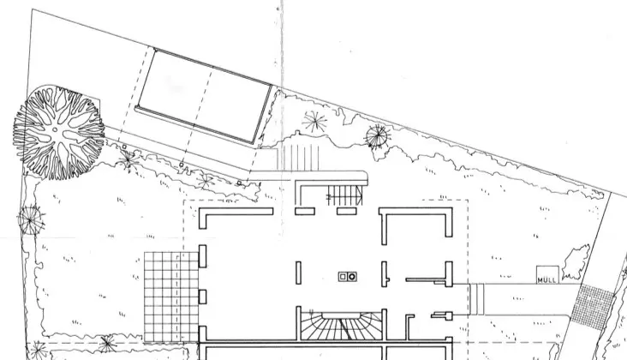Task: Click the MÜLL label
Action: coord(546,277)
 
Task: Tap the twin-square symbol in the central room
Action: coord(348,277)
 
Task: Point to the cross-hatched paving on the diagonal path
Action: coord(593,304)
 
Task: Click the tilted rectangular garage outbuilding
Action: coord(206,97)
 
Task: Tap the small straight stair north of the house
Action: coord(346,195)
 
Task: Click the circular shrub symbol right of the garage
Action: coord(376,135)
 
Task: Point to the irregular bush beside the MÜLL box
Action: coord(575,258)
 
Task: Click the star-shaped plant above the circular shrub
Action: coord(315,121)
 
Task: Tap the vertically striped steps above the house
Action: coord(299,158)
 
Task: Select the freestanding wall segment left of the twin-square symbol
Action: coord(298,273)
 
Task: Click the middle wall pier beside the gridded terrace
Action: coord(203,296)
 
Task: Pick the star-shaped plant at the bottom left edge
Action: coord(107,344)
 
